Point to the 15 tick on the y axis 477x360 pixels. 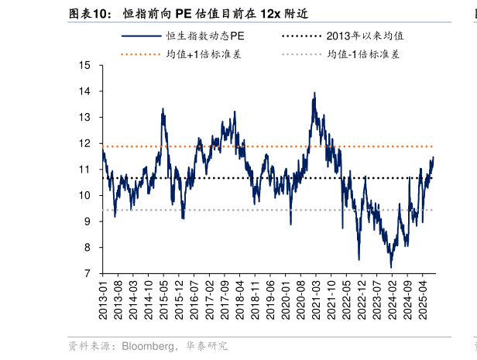86,65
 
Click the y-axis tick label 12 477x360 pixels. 86,143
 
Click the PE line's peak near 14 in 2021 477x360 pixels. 314,93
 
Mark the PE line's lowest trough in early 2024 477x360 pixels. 391,267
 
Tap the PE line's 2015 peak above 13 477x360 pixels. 163,109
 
